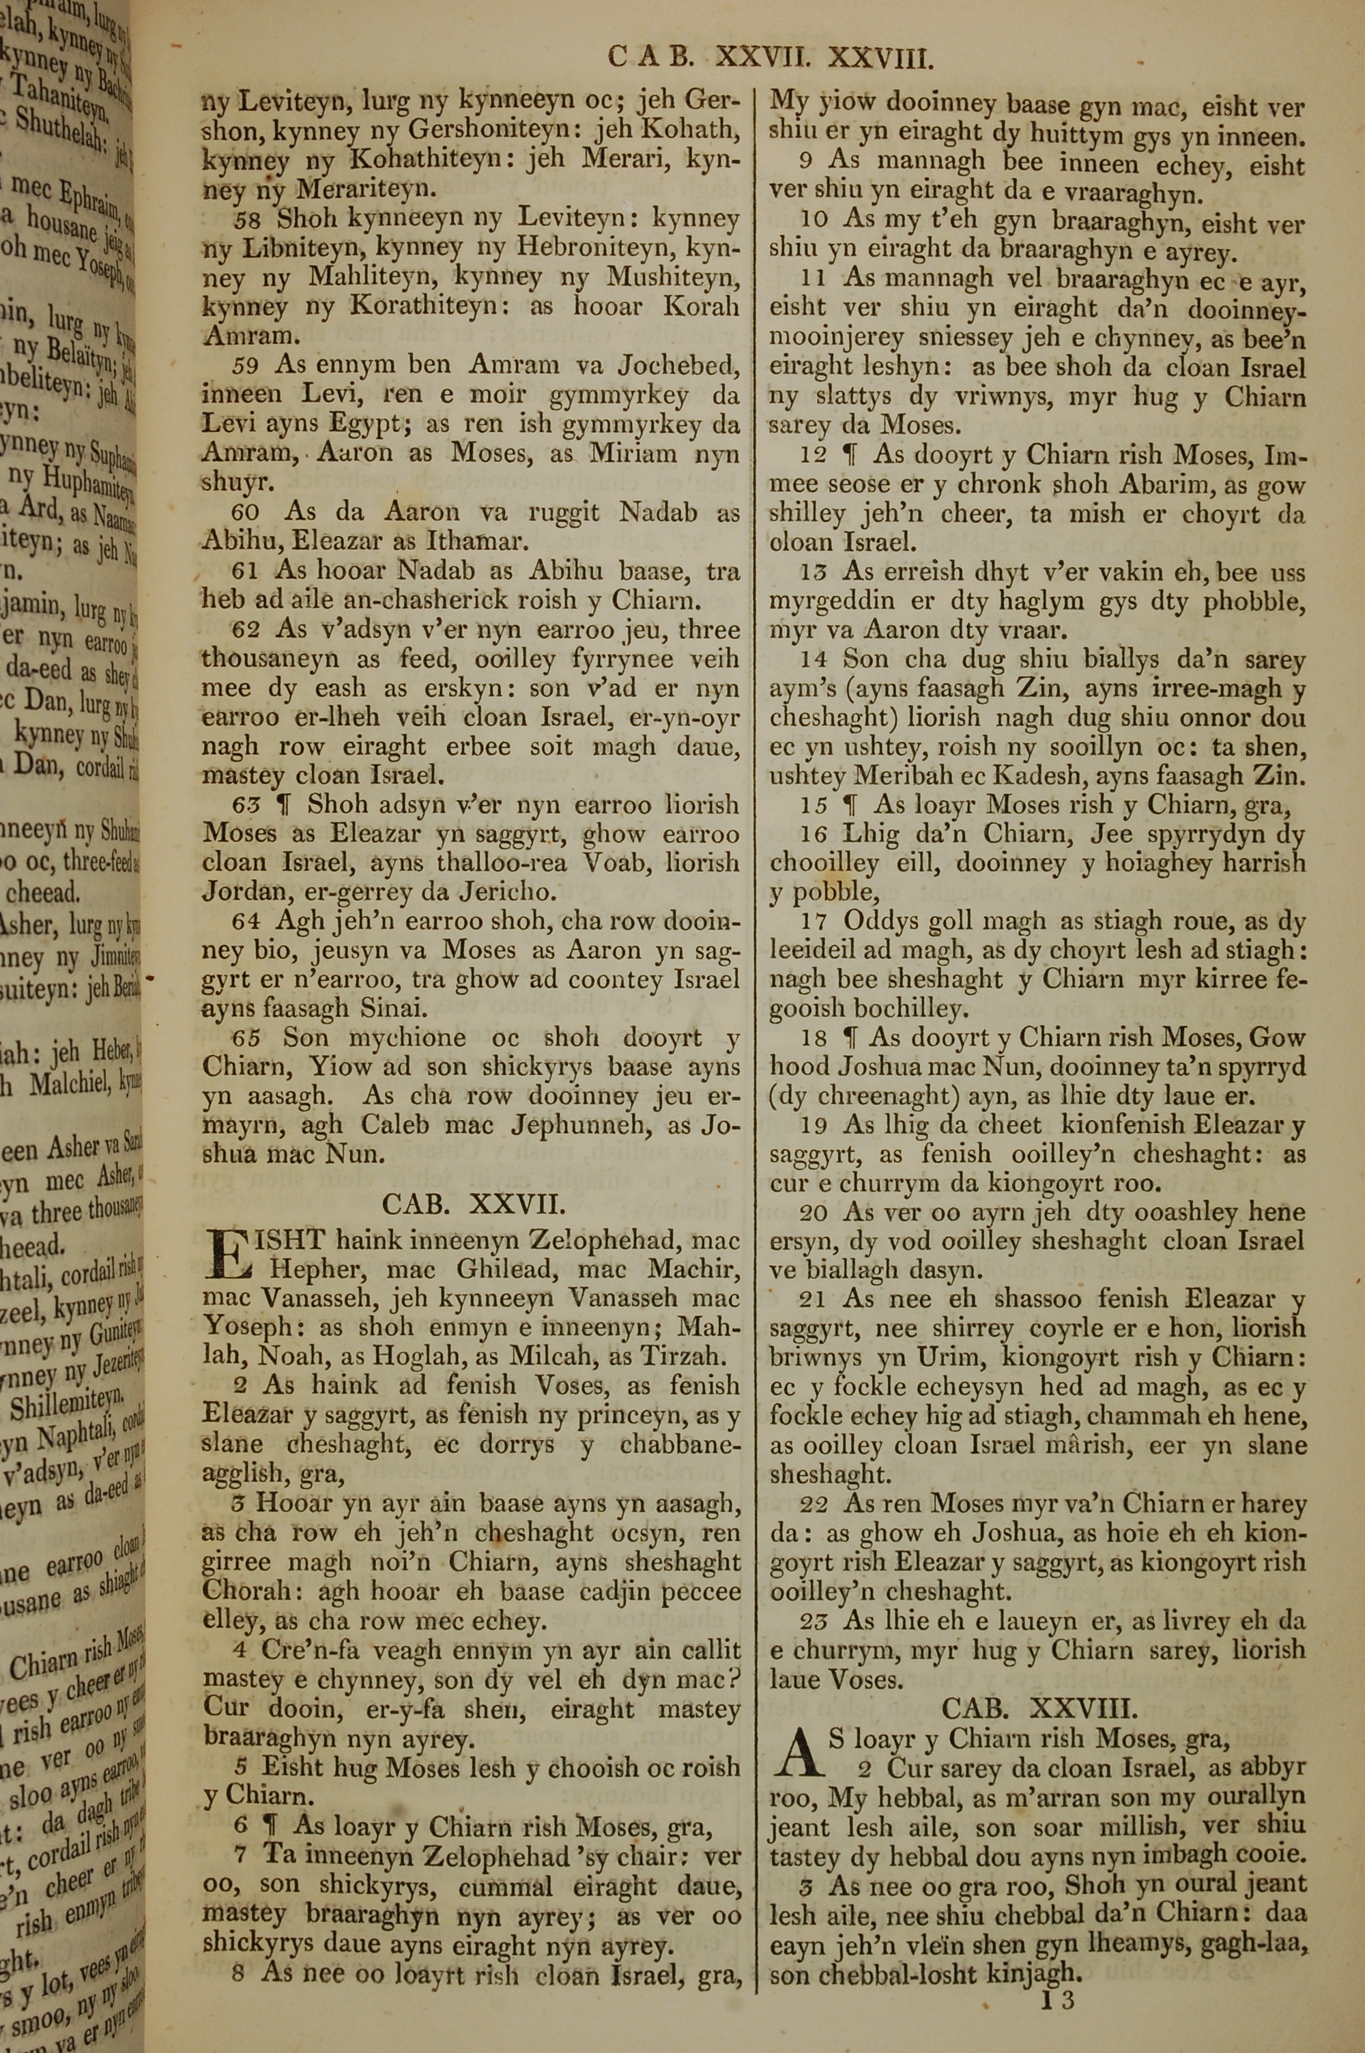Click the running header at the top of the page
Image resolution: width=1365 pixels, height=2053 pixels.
click(x=771, y=57)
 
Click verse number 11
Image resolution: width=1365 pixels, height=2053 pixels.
click(x=814, y=278)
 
